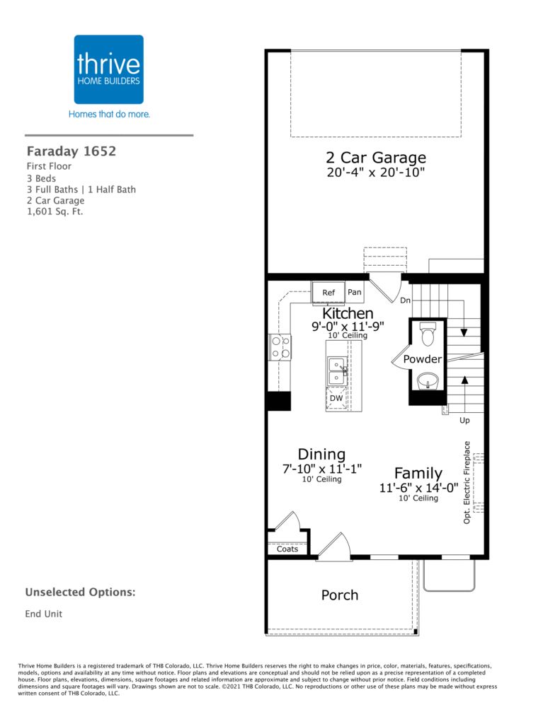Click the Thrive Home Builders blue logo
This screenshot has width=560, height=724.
(x=108, y=69)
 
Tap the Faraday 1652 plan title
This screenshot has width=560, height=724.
(x=72, y=151)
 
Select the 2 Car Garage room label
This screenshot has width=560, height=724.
(x=376, y=158)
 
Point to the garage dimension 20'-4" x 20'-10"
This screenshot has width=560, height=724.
(x=376, y=173)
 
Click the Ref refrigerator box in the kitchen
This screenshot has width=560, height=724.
(x=328, y=292)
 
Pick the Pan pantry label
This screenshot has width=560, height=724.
(x=354, y=292)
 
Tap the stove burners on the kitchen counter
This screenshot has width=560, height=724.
(x=280, y=347)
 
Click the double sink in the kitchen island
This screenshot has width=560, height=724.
(x=337, y=370)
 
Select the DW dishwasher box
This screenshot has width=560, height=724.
(x=336, y=398)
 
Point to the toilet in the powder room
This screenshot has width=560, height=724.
(x=428, y=334)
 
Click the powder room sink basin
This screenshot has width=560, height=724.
(x=428, y=382)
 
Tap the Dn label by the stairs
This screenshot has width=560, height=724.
(x=405, y=300)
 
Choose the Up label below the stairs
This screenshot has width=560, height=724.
(x=464, y=420)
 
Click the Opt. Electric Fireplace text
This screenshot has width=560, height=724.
(x=467, y=482)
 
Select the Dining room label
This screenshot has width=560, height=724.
(x=321, y=454)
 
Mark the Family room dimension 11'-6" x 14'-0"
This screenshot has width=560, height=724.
(x=418, y=488)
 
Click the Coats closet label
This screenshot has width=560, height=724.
(x=287, y=549)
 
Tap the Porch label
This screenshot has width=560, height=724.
(x=340, y=595)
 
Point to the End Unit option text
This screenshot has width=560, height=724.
(x=43, y=614)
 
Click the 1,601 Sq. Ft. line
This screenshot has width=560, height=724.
(x=55, y=212)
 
